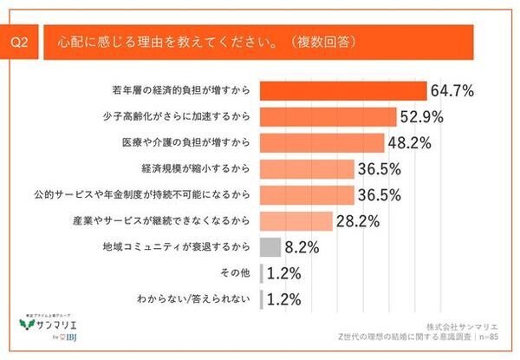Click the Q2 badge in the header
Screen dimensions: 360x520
[22, 42]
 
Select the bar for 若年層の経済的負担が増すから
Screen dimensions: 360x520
[343, 91]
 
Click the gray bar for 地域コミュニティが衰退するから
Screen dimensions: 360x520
[270, 247]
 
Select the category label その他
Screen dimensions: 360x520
[237, 273]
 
